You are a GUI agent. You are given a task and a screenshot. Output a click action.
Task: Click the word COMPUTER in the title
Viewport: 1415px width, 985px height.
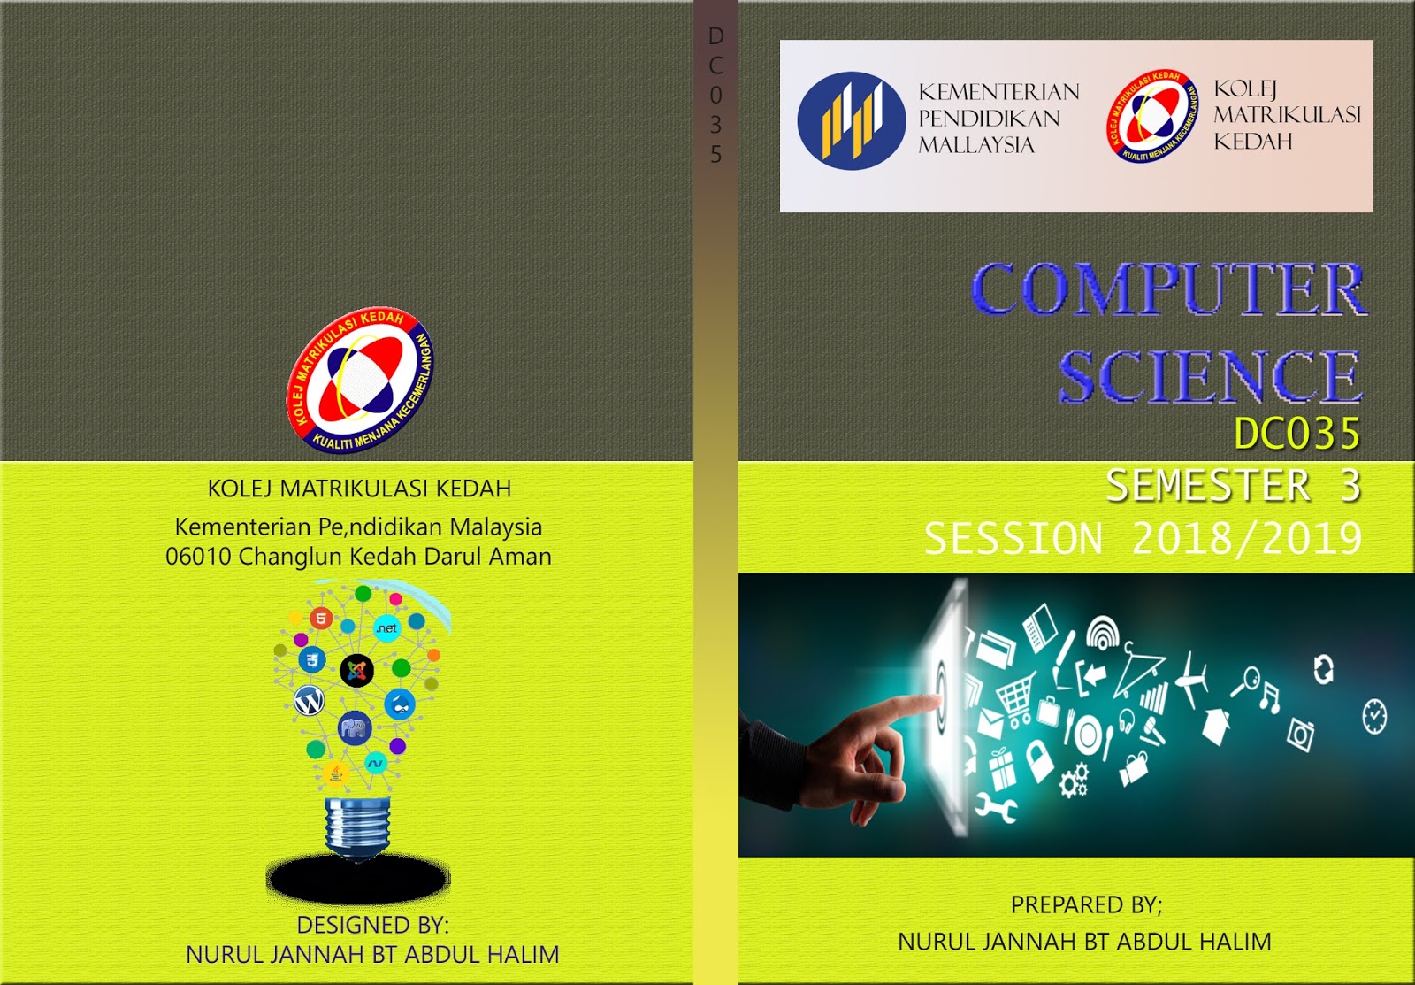pos(1168,289)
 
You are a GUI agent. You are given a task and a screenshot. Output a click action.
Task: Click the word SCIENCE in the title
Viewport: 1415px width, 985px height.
pos(1210,376)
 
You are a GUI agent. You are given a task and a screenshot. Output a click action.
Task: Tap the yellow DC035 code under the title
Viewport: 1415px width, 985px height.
pos(1296,434)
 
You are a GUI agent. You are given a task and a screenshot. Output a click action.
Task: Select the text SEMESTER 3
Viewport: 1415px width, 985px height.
pos(1233,486)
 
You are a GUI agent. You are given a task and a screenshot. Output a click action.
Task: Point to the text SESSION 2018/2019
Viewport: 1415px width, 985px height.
pos(1143,538)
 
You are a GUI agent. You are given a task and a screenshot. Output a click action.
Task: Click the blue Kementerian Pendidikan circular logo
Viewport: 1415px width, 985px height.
pos(851,121)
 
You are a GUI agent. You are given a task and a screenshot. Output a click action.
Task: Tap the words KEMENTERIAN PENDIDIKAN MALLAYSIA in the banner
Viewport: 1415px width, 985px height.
pos(998,119)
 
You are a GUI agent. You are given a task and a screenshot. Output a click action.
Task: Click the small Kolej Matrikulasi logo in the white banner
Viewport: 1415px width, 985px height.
pos(1151,118)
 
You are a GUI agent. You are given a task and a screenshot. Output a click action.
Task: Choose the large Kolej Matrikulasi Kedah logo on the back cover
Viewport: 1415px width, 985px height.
pos(360,381)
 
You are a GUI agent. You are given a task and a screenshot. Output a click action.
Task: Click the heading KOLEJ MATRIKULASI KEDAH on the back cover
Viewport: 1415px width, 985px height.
pos(359,489)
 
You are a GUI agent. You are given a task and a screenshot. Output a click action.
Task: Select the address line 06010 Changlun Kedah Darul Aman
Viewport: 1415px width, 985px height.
pos(358,557)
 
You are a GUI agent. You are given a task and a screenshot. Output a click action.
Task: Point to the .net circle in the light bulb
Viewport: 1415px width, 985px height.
pos(386,628)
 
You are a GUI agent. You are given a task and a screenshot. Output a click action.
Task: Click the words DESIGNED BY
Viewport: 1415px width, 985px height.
pos(372,925)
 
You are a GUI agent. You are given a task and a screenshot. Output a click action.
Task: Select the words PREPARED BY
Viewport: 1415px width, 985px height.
pos(1086,904)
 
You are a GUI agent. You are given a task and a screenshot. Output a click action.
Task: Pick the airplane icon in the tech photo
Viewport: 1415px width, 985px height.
pos(1193,680)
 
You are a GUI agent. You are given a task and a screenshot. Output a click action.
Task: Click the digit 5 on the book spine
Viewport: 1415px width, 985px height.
pos(715,155)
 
